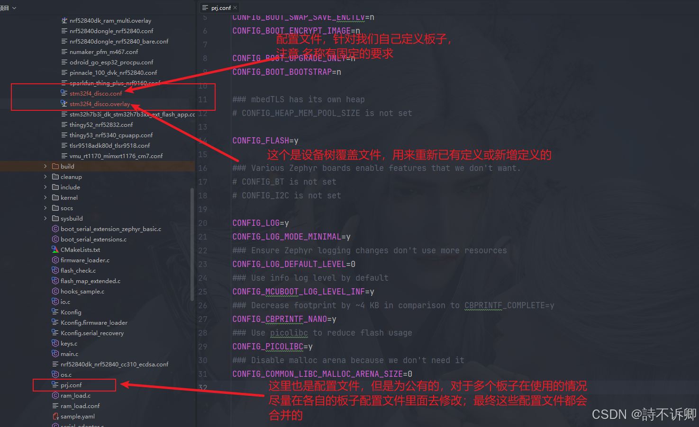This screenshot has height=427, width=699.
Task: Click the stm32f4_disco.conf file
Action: [x=95, y=94]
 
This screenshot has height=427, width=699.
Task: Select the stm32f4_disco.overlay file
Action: [x=99, y=104]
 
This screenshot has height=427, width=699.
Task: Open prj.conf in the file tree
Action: [x=71, y=385]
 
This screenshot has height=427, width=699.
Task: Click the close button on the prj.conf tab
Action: [x=235, y=8]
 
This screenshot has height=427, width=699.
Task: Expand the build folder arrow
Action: [x=45, y=167]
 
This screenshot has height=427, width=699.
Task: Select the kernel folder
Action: [x=69, y=198]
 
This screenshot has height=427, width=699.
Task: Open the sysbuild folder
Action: [x=71, y=219]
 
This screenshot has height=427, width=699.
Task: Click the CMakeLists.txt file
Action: [x=80, y=250]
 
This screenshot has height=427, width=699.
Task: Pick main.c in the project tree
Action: [x=69, y=354]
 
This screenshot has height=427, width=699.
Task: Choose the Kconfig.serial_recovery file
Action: [x=92, y=333]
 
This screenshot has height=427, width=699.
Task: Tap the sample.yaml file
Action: [x=77, y=417]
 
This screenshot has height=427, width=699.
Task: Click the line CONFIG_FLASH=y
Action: [x=265, y=141]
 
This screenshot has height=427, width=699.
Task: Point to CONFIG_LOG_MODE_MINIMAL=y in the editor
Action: [x=291, y=237]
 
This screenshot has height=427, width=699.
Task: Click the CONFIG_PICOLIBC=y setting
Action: [x=272, y=347]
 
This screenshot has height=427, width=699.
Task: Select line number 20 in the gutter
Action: [x=203, y=223]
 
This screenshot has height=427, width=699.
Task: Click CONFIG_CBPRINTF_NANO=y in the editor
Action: [x=284, y=319]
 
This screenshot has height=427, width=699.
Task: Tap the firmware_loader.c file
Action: [x=85, y=260]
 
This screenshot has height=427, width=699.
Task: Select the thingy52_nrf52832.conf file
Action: [x=101, y=125]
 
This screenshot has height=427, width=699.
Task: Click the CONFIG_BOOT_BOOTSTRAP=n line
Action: [x=287, y=72]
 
